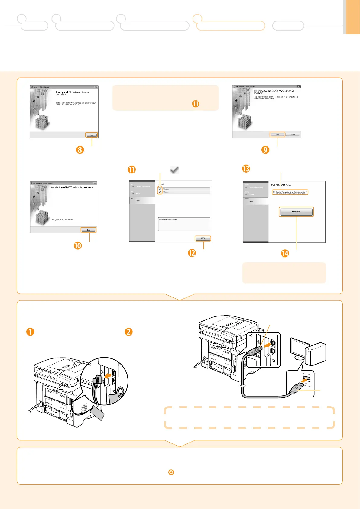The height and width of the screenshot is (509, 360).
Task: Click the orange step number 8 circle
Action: [x=80, y=150]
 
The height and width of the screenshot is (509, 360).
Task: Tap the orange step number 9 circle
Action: [x=265, y=150]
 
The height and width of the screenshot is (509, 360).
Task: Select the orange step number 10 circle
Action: [x=78, y=245]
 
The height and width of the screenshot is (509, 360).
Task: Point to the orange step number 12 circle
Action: [x=192, y=253]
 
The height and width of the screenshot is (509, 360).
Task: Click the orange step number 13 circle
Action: [x=246, y=169]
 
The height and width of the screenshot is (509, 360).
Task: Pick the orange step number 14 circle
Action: [x=285, y=253]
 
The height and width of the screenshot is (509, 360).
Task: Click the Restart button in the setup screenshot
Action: [x=296, y=212]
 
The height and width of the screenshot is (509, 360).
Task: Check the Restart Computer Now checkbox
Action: [x=274, y=192]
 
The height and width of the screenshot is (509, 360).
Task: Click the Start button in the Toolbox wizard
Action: [x=277, y=135]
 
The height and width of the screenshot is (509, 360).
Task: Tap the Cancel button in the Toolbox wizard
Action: [x=292, y=135]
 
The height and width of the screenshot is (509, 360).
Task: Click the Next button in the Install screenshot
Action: [x=203, y=238]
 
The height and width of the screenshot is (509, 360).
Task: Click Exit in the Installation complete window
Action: [x=89, y=230]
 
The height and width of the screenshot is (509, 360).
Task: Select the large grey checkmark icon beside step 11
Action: [x=174, y=170]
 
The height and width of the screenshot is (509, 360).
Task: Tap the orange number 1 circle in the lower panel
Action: [x=30, y=332]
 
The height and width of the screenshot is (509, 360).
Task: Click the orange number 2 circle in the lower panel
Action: [x=129, y=332]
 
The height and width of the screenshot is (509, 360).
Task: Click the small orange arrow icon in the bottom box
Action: [x=171, y=472]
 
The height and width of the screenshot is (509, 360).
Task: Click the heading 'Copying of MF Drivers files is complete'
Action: [x=72, y=93]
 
